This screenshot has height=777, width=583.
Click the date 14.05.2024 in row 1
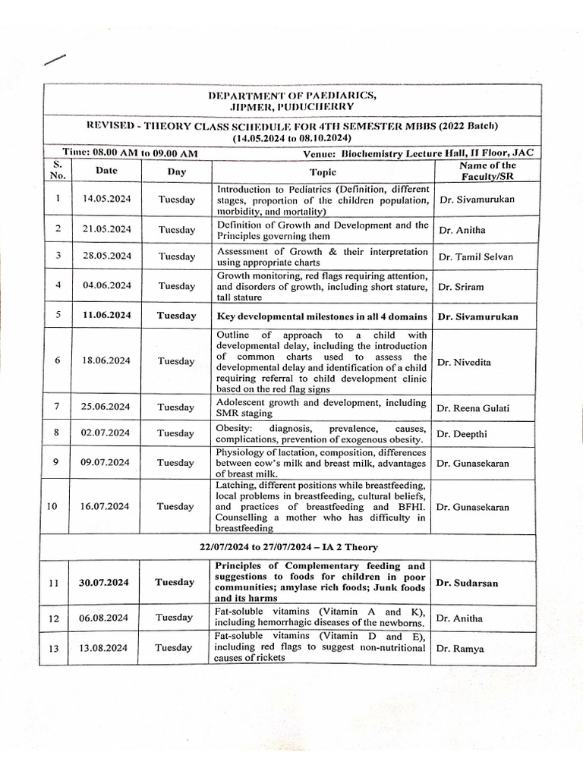point(106,200)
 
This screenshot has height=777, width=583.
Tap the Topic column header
point(323,172)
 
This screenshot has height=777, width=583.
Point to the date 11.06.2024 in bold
point(106,316)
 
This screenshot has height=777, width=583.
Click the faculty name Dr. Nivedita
point(464,362)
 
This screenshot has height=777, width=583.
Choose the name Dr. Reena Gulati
point(474,408)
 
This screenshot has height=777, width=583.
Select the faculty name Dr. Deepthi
point(462,433)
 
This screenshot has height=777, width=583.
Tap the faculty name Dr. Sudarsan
point(468,582)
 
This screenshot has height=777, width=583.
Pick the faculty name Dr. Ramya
point(461,649)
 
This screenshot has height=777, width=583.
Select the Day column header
point(176,172)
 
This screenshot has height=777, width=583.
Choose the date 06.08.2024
point(106,618)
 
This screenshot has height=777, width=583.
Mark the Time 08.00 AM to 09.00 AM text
point(131,153)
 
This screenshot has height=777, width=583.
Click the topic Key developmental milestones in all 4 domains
point(322,316)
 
